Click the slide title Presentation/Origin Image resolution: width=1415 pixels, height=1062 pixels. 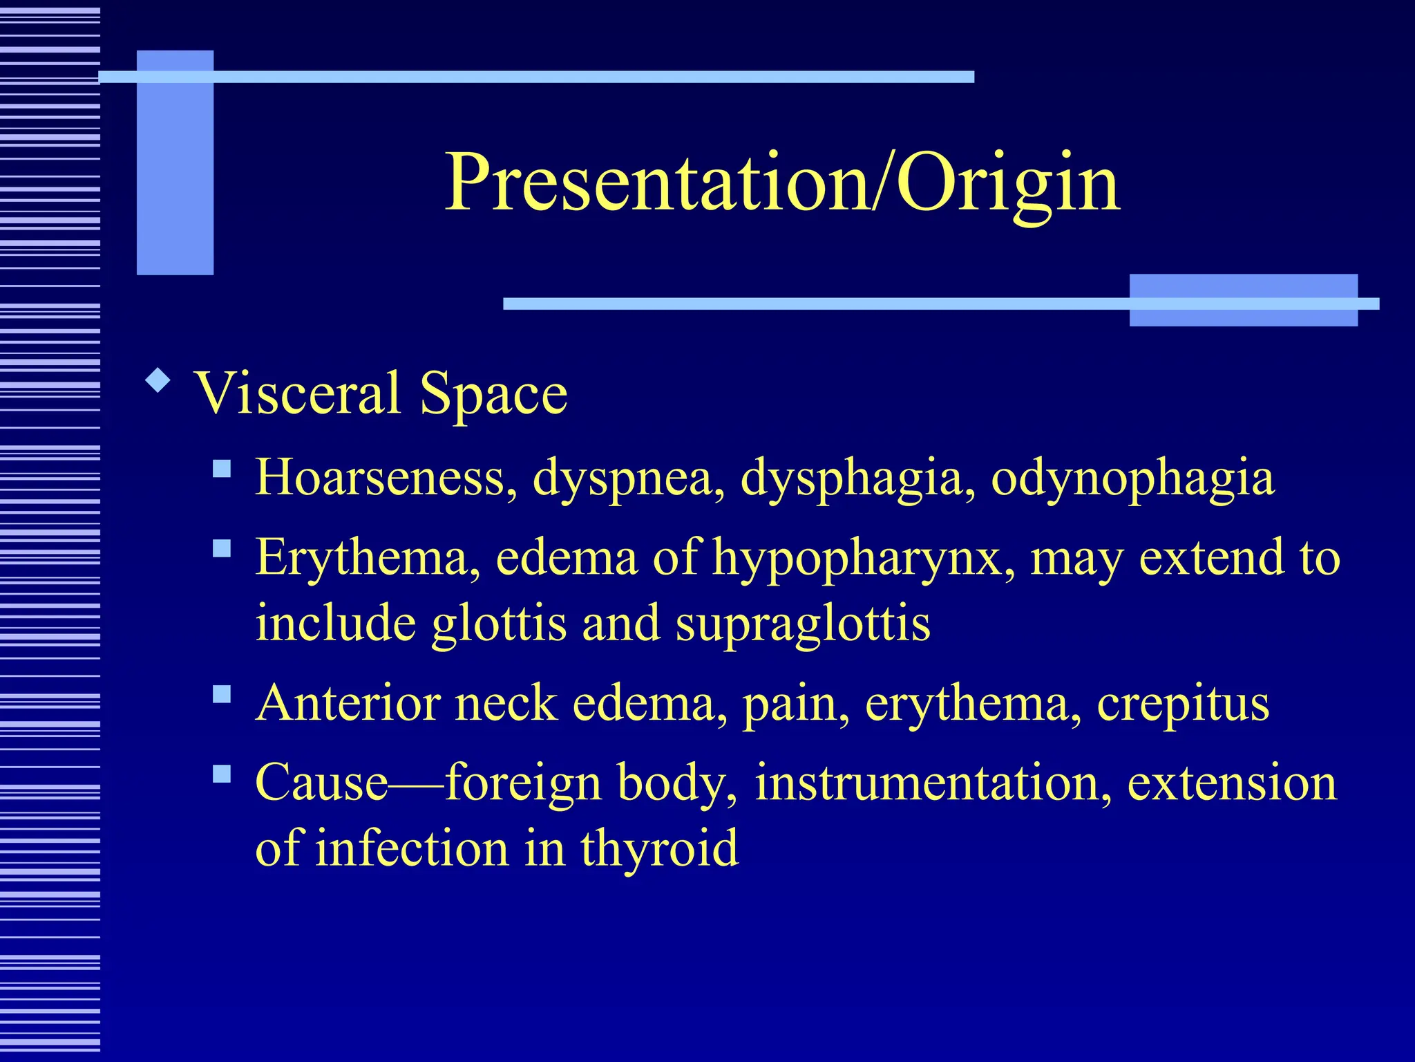(x=782, y=184)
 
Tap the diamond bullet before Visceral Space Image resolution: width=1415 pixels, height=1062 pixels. (x=159, y=381)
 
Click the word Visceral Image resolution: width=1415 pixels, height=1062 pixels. (x=298, y=393)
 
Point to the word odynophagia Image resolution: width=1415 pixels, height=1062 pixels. (x=1132, y=478)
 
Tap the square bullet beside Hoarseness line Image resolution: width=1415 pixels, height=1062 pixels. (x=222, y=470)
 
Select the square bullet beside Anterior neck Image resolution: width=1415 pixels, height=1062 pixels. (x=222, y=694)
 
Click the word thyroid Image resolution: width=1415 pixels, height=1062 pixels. (x=659, y=848)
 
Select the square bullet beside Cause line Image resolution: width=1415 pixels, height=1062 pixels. (x=222, y=774)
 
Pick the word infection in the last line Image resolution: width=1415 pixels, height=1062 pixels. (x=412, y=849)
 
